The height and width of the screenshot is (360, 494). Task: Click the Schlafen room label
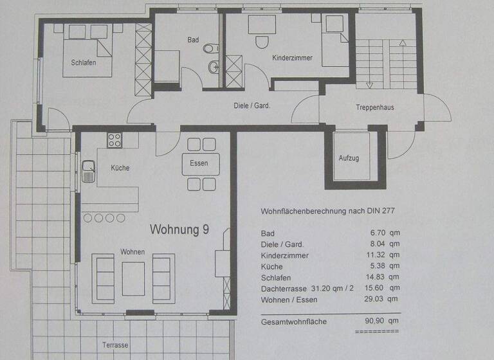pyautogui.click(x=80, y=62)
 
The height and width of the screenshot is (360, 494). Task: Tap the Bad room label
pyautogui.click(x=193, y=40)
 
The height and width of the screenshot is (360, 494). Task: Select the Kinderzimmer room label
pyautogui.click(x=293, y=58)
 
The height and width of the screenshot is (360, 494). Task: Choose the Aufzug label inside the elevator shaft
pyautogui.click(x=349, y=158)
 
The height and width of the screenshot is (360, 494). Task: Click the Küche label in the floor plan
pyautogui.click(x=120, y=168)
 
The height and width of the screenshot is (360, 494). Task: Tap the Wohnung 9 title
pyautogui.click(x=179, y=229)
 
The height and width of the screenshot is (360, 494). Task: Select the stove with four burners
pyautogui.click(x=114, y=139)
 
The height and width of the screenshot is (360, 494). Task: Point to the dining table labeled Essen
pyautogui.click(x=200, y=163)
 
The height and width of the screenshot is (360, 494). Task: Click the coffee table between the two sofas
pyautogui.click(x=133, y=278)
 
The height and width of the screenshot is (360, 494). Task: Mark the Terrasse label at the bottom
pyautogui.click(x=115, y=345)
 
